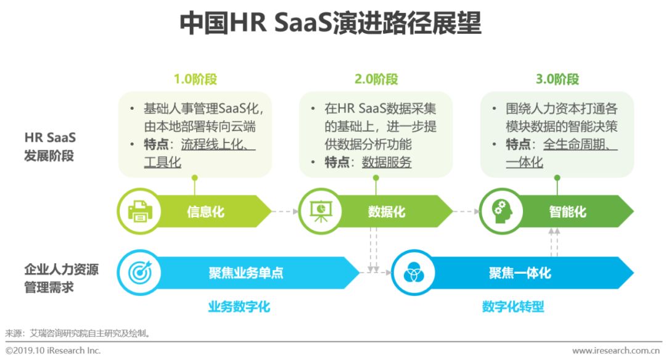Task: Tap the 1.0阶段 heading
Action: point(195,80)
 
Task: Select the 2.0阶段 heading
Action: point(376,80)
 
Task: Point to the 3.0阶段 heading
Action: point(557,80)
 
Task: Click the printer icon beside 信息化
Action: point(140,211)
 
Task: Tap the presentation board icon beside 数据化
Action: point(321,211)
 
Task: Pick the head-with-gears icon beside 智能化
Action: point(501,211)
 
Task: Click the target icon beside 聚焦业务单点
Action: point(140,272)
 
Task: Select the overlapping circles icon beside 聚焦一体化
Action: point(413,272)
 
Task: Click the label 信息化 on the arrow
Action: point(205,211)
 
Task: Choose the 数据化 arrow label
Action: point(387,211)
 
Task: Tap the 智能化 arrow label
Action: point(567,211)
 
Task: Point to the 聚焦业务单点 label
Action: point(246,272)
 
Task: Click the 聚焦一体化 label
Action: point(520,272)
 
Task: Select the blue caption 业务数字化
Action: point(239,306)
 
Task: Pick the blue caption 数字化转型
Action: point(513,306)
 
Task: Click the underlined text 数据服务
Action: point(387,162)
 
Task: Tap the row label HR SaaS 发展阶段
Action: point(50,147)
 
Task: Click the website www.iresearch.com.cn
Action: point(616,351)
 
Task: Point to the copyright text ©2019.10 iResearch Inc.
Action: point(53,351)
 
